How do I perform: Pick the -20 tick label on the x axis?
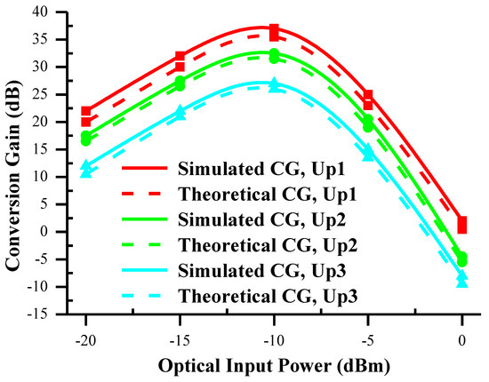85,338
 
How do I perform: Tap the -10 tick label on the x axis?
274,338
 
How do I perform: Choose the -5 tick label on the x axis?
368,338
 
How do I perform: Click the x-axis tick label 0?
462,338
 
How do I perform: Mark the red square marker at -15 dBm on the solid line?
180,57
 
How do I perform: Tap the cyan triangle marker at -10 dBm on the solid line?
274,84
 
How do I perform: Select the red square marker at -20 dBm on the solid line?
85,112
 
